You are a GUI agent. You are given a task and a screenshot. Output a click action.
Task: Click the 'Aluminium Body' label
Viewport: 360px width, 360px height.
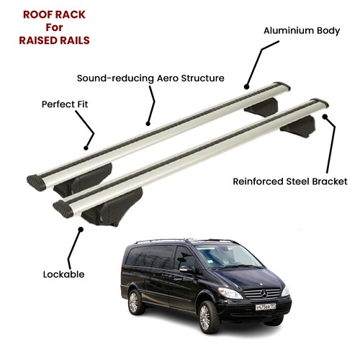[302, 31]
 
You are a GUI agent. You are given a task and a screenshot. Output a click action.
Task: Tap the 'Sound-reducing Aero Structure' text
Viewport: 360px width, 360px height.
[150, 78]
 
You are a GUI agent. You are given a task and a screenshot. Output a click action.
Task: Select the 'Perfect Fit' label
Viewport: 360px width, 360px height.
[65, 104]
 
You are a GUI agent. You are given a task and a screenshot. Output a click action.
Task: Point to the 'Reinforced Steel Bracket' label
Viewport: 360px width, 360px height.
[290, 181]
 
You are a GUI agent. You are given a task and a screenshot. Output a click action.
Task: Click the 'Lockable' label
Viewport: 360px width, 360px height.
[63, 274]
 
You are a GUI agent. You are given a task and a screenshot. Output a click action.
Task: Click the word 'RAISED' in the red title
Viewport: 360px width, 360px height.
[38, 40]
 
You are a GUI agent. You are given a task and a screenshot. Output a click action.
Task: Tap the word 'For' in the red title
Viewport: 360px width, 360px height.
[54, 27]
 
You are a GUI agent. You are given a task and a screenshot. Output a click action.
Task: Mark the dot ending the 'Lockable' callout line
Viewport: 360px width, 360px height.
[81, 230]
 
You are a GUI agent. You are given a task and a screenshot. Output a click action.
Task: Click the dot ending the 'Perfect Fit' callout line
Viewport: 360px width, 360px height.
[86, 148]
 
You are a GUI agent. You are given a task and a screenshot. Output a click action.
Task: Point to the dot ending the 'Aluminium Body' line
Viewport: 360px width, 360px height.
[246, 87]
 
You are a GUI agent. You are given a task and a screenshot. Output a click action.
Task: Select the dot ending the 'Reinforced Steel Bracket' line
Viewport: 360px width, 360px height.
[325, 117]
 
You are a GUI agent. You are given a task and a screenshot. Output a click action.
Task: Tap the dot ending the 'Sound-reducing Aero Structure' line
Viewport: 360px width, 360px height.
[148, 124]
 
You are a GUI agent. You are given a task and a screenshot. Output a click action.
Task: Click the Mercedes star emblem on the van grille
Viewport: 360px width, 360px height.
[264, 294]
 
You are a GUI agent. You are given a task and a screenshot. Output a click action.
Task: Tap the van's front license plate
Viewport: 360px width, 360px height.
[266, 307]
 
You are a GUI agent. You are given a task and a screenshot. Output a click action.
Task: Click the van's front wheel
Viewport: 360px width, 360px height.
[206, 317]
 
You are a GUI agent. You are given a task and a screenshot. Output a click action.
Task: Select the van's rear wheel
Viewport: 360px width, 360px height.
[135, 302]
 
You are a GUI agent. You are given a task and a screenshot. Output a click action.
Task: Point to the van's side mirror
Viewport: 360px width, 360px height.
[185, 269]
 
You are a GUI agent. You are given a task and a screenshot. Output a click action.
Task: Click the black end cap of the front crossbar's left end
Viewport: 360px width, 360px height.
[63, 209]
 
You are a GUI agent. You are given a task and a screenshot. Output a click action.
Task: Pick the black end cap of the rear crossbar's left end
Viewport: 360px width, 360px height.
[37, 183]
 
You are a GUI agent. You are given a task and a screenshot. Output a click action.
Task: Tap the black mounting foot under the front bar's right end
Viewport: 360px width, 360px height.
[298, 127]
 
